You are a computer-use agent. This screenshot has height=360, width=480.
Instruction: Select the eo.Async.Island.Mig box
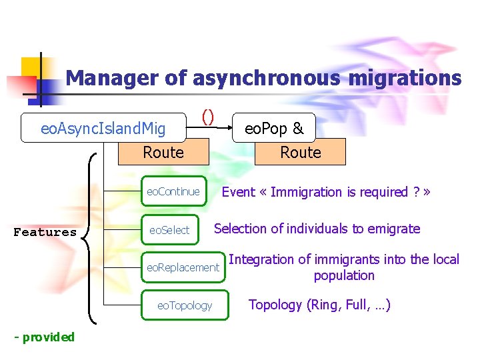click(x=103, y=127)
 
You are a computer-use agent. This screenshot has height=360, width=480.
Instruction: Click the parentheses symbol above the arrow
click(x=208, y=117)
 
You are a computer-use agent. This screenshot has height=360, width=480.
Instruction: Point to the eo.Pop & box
click(x=274, y=127)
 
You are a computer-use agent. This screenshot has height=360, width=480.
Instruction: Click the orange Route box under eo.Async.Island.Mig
click(x=163, y=153)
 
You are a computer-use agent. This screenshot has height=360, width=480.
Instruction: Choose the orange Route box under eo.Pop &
click(x=301, y=153)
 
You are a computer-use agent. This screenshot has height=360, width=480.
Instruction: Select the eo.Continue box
click(x=173, y=192)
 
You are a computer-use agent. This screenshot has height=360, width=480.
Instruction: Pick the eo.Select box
click(x=169, y=230)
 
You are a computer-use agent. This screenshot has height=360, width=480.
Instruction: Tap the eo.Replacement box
click(x=183, y=268)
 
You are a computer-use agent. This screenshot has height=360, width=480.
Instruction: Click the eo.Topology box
click(x=184, y=305)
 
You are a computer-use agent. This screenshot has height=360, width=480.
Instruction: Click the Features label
click(x=45, y=232)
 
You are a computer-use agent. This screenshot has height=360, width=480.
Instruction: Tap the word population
click(x=344, y=275)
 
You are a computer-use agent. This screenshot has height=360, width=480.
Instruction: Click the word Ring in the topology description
click(x=327, y=305)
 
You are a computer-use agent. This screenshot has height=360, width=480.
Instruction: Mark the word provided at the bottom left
click(x=49, y=337)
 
